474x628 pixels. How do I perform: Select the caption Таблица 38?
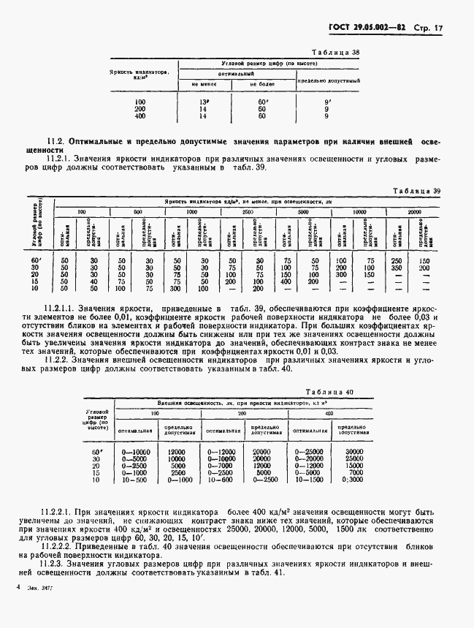coord(337,53)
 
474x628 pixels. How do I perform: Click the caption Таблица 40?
coord(330,392)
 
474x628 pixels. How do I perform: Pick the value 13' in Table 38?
coord(203,102)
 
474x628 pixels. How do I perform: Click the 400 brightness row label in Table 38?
coord(140,116)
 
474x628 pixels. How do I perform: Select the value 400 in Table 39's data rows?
coord(287,281)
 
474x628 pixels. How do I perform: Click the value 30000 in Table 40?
coord(354,453)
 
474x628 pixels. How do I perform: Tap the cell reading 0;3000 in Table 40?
coord(354,480)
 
